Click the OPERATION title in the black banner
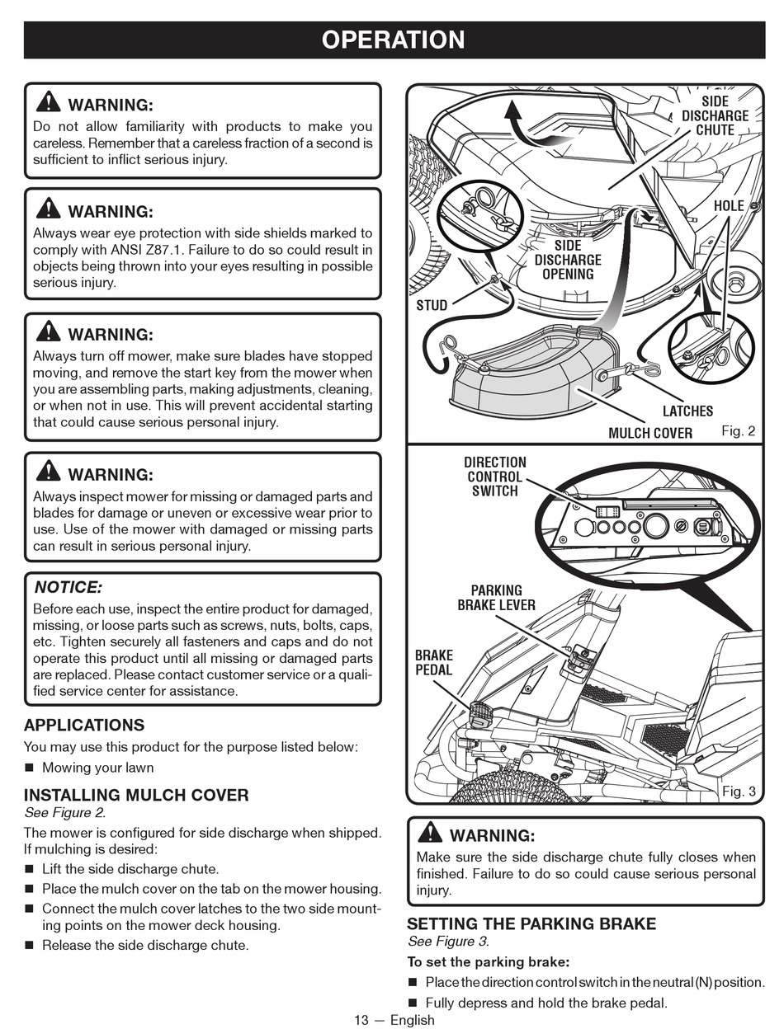(393, 40)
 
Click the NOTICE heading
(68, 588)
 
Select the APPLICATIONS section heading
(84, 726)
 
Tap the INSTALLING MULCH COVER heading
(136, 796)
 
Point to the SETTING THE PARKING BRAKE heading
(531, 924)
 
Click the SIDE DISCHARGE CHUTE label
(715, 115)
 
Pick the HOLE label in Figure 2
(729, 205)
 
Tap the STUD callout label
(432, 305)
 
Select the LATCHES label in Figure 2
(687, 411)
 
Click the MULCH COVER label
(650, 433)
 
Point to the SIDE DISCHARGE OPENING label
(568, 260)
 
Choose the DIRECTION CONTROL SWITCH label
(494, 477)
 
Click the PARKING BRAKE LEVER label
(496, 598)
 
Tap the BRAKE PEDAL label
(433, 663)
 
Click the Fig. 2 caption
(738, 431)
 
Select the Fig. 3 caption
(739, 792)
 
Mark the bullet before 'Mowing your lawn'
(30, 768)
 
